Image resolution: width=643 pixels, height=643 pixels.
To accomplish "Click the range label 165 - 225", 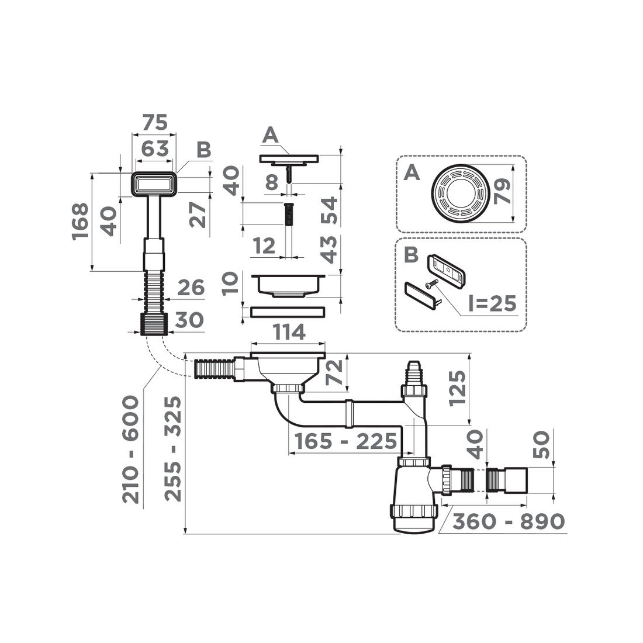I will coord(345,442).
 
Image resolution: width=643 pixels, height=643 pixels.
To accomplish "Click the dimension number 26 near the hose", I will coord(191,288).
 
